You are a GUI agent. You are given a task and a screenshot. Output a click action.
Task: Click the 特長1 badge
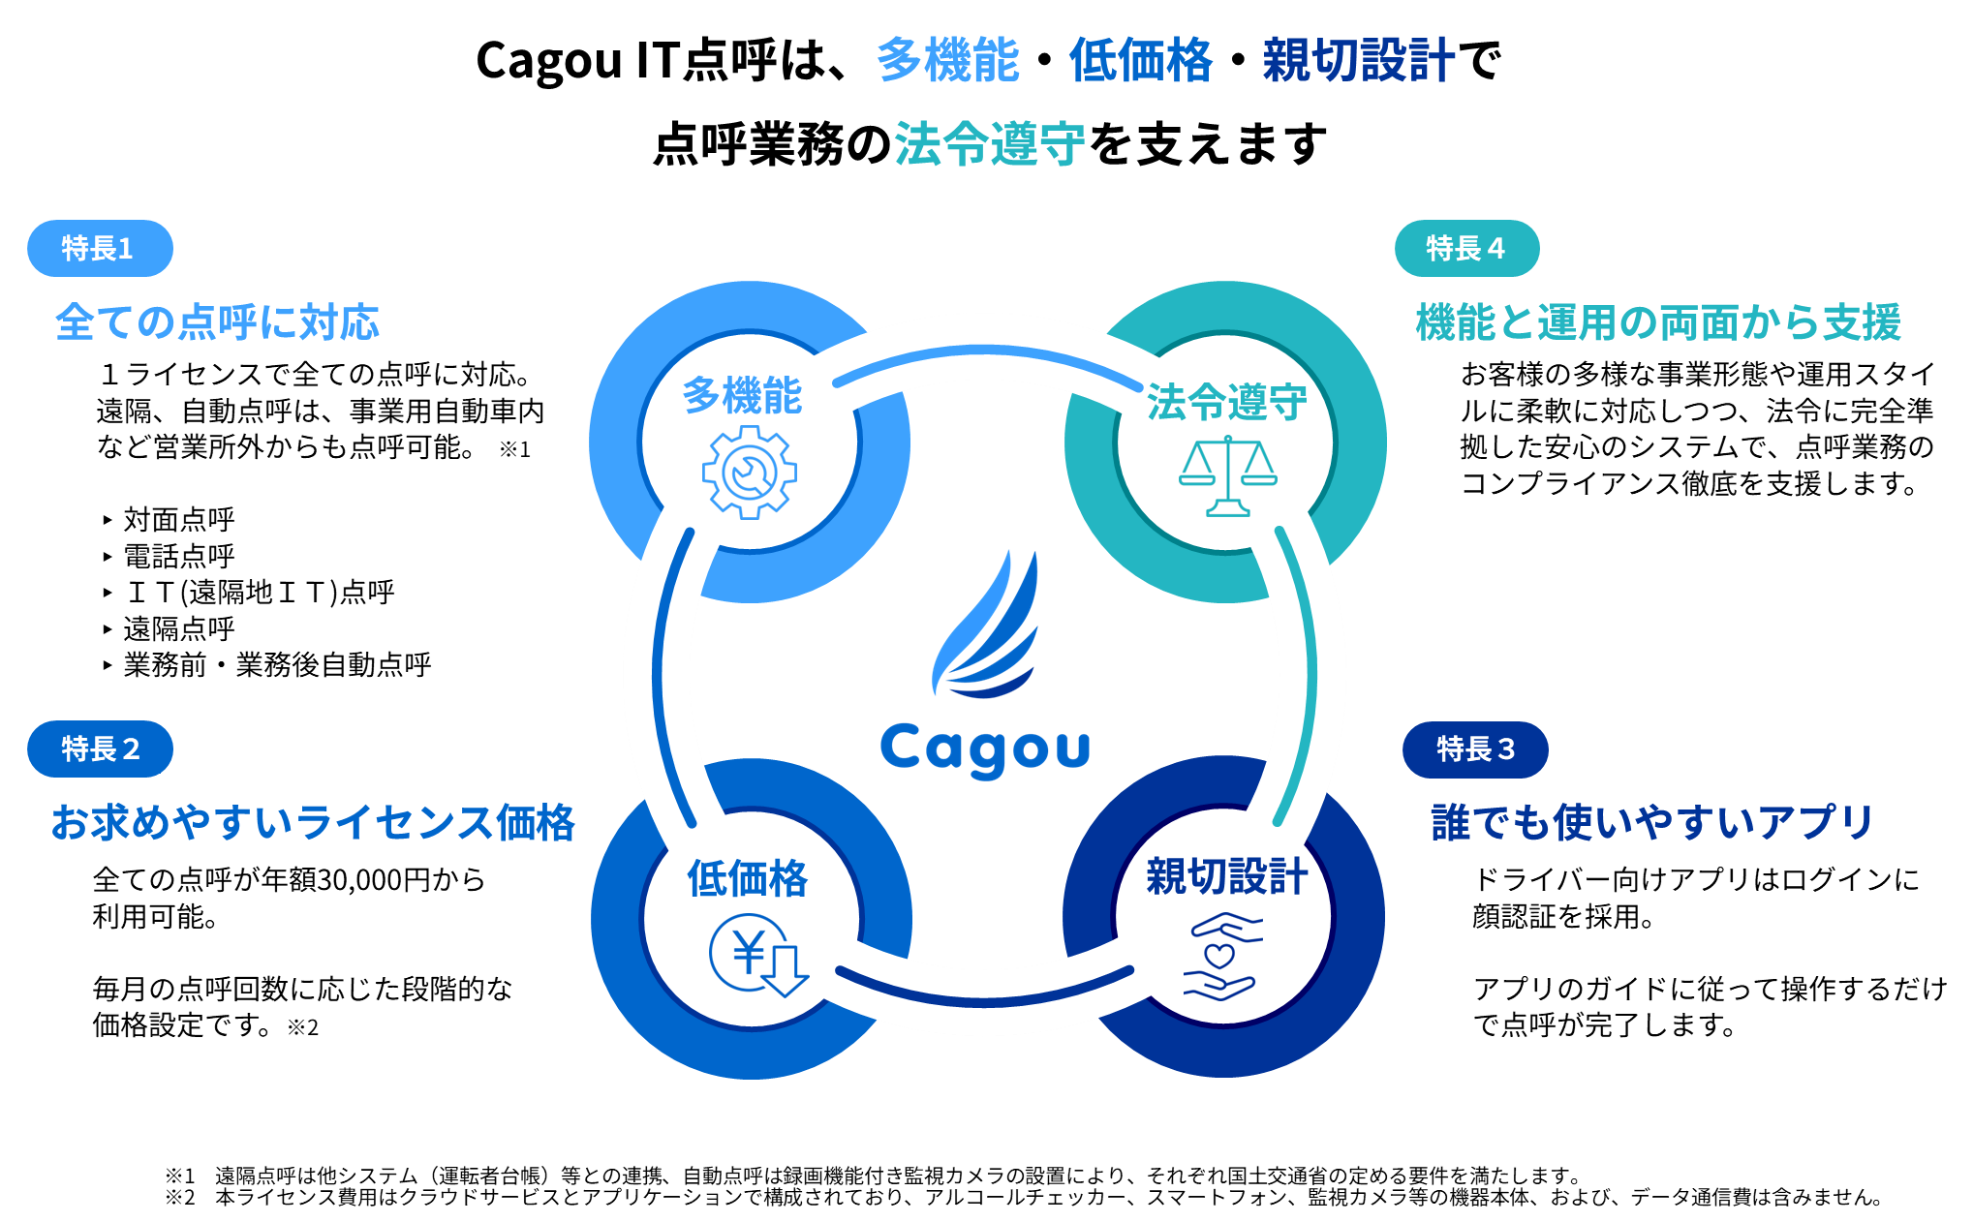pyautogui.click(x=100, y=249)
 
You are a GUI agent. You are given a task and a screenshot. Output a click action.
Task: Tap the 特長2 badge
pyautogui.click(x=100, y=748)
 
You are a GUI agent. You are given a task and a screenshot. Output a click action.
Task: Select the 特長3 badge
pyautogui.click(x=1474, y=748)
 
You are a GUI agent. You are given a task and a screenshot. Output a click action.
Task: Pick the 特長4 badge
pyautogui.click(x=1466, y=249)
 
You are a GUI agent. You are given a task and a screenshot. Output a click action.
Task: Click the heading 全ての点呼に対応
pyautogui.click(x=217, y=322)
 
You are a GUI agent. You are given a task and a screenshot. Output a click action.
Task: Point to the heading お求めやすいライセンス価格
pyautogui.click(x=313, y=822)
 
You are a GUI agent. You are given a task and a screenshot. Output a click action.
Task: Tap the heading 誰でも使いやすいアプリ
pyautogui.click(x=1652, y=822)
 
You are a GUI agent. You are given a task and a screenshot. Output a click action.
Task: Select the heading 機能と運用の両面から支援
pyautogui.click(x=1658, y=322)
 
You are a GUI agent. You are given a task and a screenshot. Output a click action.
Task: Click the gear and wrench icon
pyautogui.click(x=749, y=473)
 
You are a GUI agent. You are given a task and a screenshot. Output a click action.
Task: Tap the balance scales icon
pyautogui.click(x=1227, y=475)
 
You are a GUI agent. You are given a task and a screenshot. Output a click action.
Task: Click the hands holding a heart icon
pyautogui.click(x=1222, y=958)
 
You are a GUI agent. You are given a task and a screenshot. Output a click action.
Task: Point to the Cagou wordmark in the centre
pyautogui.click(x=985, y=749)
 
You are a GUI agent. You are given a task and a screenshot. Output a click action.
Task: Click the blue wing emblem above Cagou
pyautogui.click(x=986, y=625)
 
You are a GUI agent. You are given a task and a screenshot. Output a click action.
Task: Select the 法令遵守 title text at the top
pyautogui.click(x=989, y=144)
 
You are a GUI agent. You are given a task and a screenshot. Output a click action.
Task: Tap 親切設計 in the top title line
pyautogui.click(x=1358, y=60)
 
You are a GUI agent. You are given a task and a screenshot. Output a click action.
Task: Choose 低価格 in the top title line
pyautogui.click(x=1140, y=60)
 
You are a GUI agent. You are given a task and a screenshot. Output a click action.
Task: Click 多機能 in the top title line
pyautogui.click(x=947, y=60)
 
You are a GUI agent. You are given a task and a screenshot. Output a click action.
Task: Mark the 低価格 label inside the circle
pyautogui.click(x=747, y=878)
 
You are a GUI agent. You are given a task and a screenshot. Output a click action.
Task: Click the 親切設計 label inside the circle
pyautogui.click(x=1226, y=876)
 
